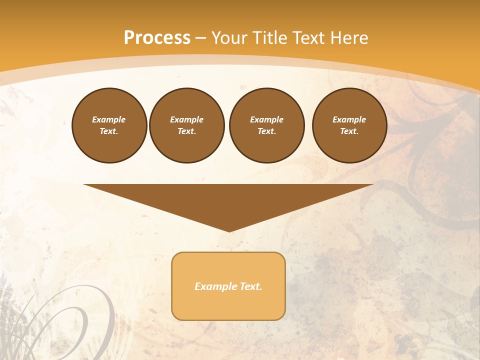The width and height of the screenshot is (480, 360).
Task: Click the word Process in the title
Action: click(x=157, y=38)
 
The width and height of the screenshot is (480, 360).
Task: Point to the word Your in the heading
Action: click(x=229, y=38)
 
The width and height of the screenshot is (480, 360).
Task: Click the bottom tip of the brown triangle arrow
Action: click(x=229, y=230)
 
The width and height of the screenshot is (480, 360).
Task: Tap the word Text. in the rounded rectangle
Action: click(x=250, y=286)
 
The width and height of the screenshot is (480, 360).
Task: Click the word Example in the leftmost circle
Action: click(x=109, y=119)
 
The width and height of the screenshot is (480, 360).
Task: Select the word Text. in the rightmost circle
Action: click(x=349, y=131)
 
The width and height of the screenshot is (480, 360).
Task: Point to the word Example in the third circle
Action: click(x=267, y=119)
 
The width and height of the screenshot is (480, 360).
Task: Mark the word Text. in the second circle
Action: click(x=187, y=131)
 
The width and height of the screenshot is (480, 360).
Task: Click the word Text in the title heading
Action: click(x=308, y=38)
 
